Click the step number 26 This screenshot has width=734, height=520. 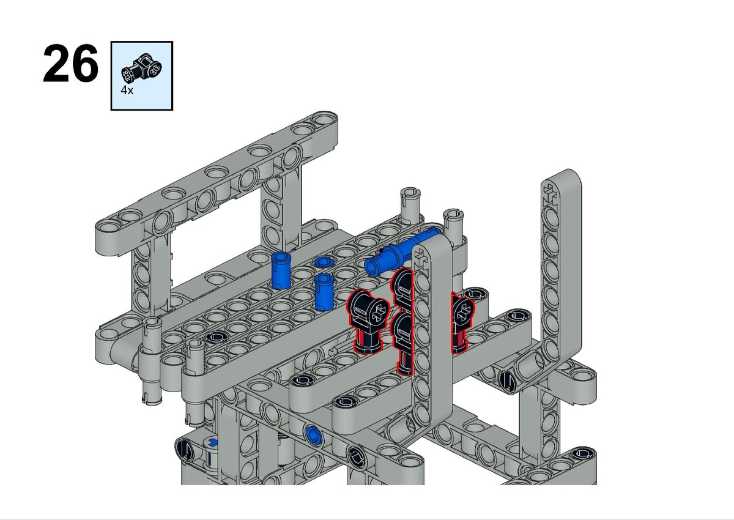coord(70,64)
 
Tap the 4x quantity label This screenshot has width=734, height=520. coord(127,90)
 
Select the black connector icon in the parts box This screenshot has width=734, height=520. coord(141,68)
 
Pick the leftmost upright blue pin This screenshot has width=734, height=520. coord(281,270)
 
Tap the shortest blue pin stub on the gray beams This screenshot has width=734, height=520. coord(324,262)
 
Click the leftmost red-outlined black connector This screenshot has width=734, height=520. coord(368,321)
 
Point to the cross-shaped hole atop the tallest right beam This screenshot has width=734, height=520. coord(550,194)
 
